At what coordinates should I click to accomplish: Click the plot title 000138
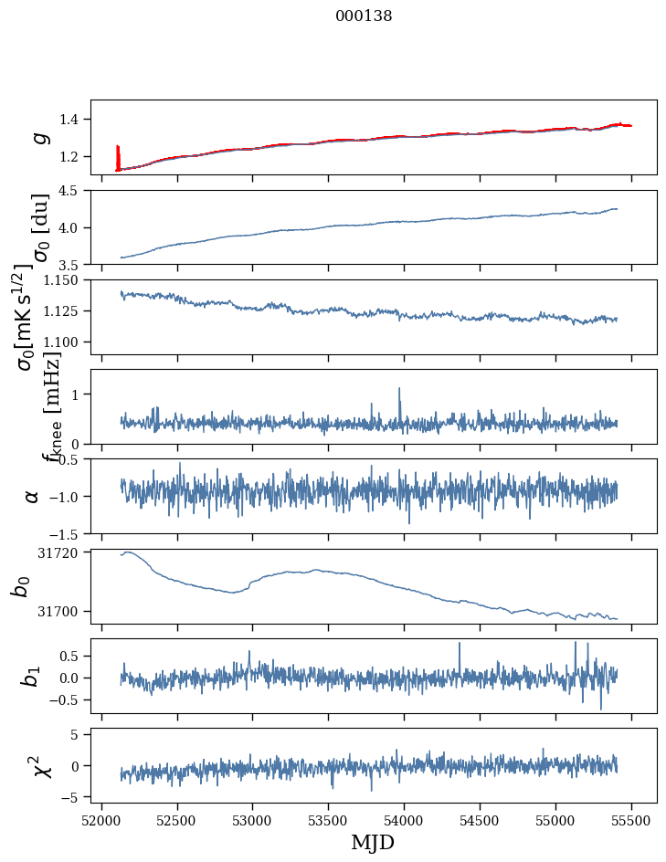click(364, 16)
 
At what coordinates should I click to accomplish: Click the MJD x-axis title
click(373, 842)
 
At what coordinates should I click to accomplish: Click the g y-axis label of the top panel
click(39, 137)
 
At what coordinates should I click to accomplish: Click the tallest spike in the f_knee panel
click(399, 390)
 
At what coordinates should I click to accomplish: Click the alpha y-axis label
click(32, 496)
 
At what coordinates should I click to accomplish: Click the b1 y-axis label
click(32, 676)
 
